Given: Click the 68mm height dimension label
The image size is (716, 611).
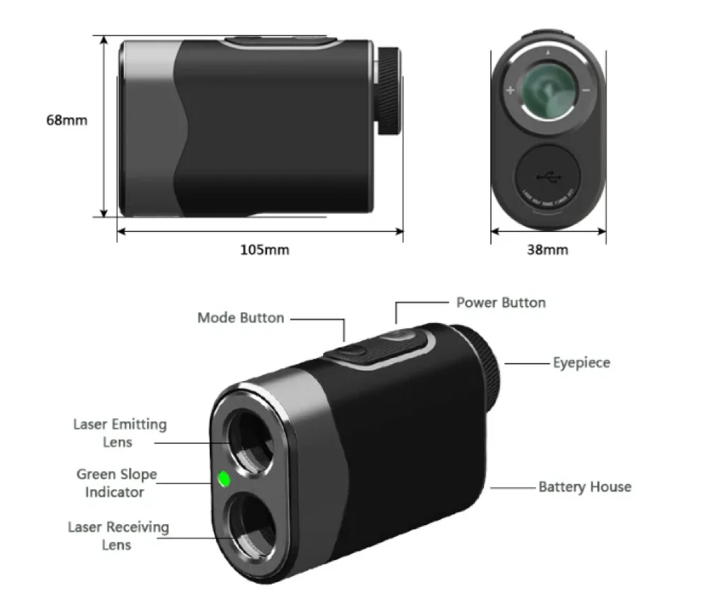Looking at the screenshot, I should (67, 120).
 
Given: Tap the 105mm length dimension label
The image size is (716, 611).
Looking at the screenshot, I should (264, 250).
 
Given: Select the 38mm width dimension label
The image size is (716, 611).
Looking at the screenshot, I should (547, 250).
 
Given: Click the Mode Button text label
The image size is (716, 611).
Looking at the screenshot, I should (241, 318).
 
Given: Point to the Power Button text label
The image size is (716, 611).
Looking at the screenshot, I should (501, 303).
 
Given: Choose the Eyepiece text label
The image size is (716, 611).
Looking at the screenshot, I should (581, 363).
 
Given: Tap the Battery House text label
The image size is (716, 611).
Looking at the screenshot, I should (585, 487).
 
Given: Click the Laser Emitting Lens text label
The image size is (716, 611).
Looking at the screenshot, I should (120, 433).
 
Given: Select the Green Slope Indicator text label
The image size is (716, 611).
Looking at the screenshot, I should (117, 483).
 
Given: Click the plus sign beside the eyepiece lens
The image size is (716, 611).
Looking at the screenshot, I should (510, 90).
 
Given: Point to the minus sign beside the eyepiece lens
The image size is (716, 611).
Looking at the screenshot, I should (586, 90).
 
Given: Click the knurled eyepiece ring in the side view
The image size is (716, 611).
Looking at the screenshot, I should (390, 90).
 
